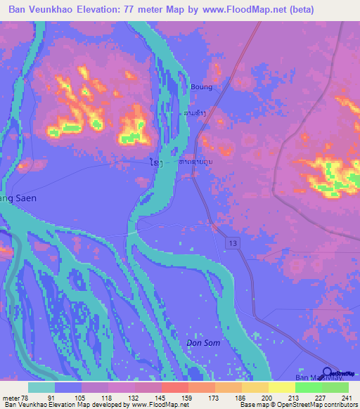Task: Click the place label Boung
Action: [x=201, y=87]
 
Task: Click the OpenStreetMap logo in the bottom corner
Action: [x=340, y=373]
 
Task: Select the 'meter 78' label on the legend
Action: [x=15, y=398]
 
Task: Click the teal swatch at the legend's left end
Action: [x=41, y=387]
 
